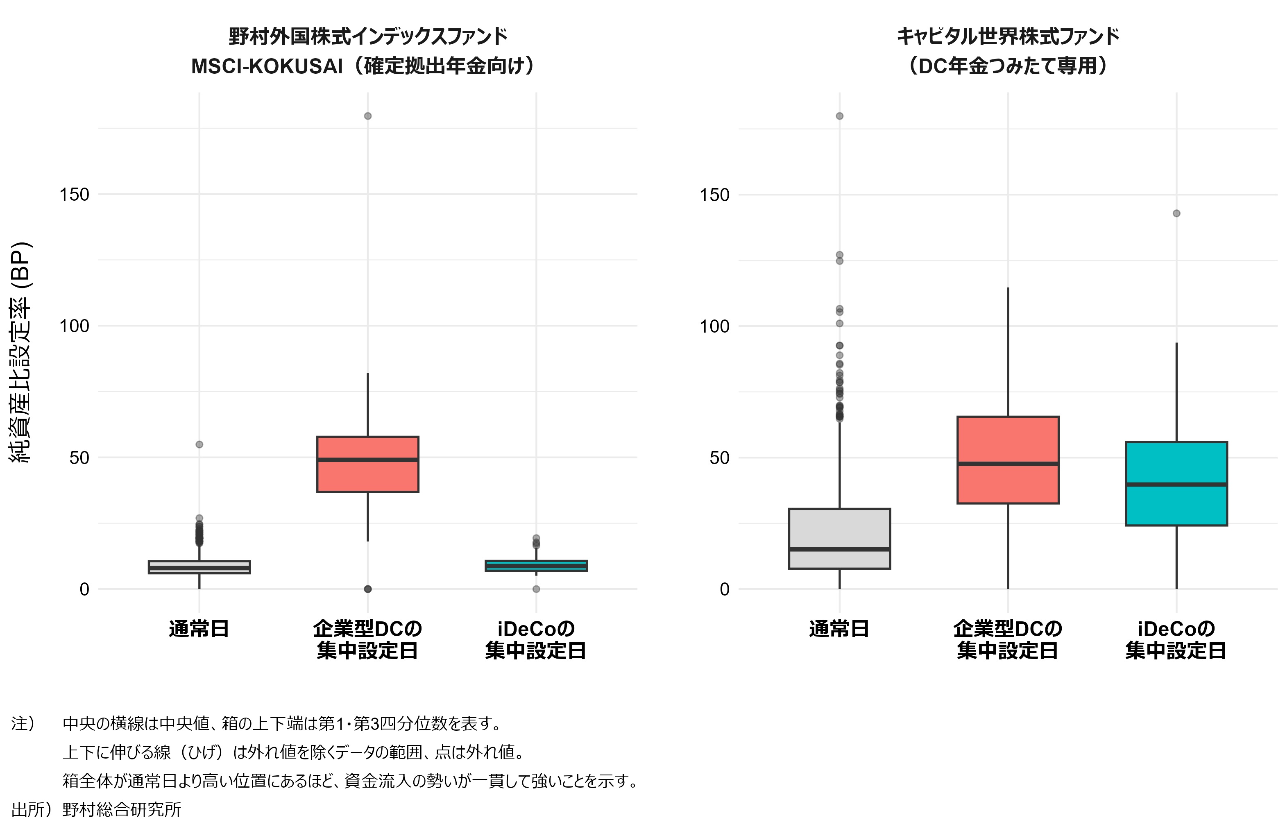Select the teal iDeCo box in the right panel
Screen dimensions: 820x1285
1176,507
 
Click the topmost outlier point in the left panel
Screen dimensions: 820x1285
368,116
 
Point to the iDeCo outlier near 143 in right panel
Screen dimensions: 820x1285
1176,213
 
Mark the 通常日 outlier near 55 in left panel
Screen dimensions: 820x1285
199,444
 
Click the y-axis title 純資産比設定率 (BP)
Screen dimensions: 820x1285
21,352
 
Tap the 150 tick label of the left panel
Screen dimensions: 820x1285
74,194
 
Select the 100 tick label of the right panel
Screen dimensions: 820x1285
714,326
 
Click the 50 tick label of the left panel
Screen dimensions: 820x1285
79,458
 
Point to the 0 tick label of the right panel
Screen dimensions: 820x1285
724,589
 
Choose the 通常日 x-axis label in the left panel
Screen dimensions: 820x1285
199,629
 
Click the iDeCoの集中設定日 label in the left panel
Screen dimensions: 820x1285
536,640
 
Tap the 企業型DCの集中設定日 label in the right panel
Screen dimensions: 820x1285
1008,640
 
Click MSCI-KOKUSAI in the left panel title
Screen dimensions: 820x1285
267,67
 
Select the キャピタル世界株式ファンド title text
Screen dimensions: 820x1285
1008,36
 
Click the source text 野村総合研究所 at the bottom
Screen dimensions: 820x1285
122,809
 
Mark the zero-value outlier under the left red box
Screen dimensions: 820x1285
368,589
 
